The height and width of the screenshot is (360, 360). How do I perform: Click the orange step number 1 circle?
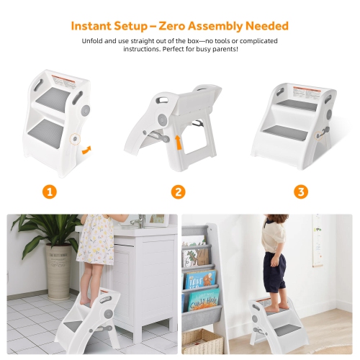click(x=49, y=192)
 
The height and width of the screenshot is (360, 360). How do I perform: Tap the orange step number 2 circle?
click(x=179, y=192)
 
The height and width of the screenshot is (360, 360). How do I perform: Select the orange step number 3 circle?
click(x=301, y=192)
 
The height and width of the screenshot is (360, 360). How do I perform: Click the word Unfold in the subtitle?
click(x=95, y=41)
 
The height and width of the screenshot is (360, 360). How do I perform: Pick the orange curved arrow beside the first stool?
click(x=86, y=150)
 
